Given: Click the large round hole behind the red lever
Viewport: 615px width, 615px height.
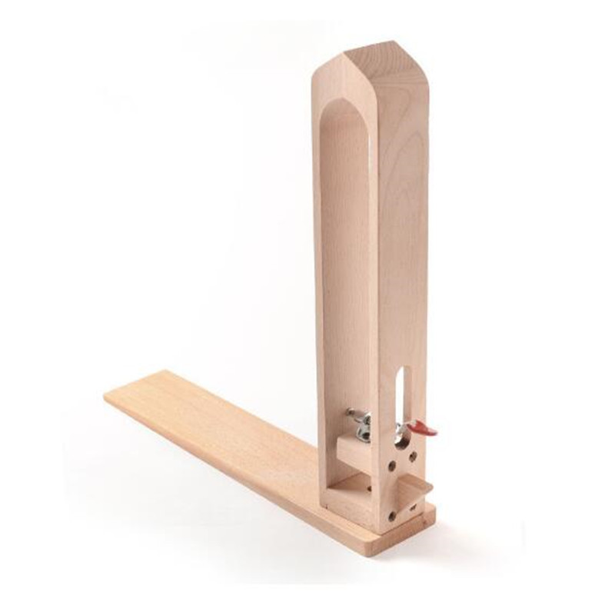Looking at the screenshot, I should (x=401, y=439).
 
